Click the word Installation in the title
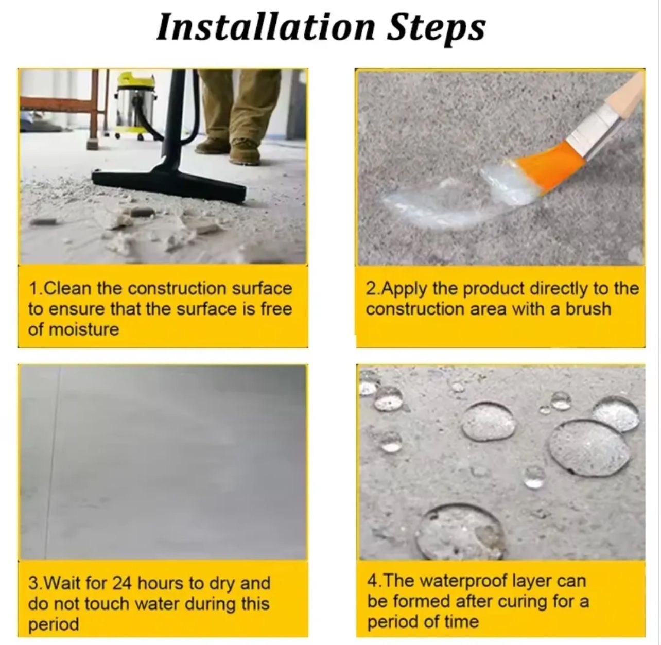[265, 27]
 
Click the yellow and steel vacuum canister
[134, 106]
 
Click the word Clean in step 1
[67, 289]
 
